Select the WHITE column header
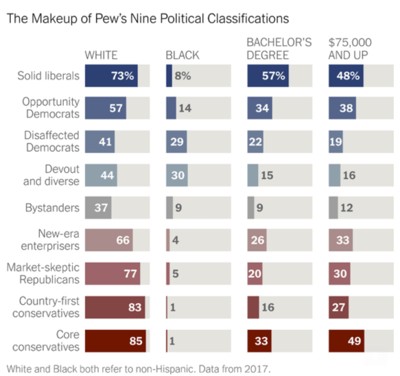[x=101, y=55]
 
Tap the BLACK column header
[x=181, y=55]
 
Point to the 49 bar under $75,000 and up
[x=346, y=341]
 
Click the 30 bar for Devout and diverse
[x=178, y=175]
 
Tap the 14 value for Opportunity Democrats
[x=185, y=108]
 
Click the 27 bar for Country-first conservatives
[x=339, y=307]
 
